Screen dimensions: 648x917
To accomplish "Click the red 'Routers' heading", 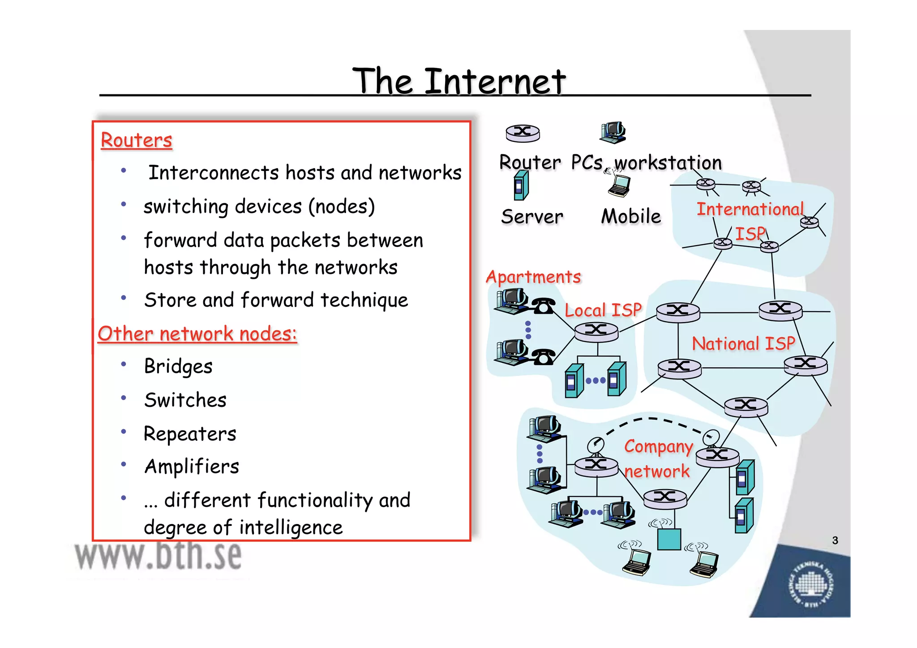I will pos(137,140).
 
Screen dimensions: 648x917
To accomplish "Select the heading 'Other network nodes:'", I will pos(197,334).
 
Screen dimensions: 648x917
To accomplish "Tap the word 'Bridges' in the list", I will pos(178,366).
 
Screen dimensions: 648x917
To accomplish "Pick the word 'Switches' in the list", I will pos(185,400).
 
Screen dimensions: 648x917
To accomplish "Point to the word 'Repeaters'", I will pos(190,434).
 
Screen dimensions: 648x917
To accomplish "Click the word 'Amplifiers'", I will pos(192,466).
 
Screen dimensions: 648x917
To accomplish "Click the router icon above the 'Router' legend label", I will pos(523,133).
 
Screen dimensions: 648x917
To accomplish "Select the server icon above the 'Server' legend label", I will pos(521,186).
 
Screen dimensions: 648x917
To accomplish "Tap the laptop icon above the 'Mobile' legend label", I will pos(619,185).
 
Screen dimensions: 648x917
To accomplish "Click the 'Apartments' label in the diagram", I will pos(534,277).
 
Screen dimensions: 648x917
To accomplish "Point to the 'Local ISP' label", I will pos(603,310).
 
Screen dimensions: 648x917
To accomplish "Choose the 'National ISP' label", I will pos(743,343).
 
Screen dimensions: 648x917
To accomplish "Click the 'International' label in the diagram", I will pos(750,209).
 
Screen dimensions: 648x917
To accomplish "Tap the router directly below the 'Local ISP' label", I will pos(596,332).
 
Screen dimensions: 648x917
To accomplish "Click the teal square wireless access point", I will pos(669,539).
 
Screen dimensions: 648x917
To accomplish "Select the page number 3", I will pos(835,540).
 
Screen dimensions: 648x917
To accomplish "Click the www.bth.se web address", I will pos(159,556).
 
